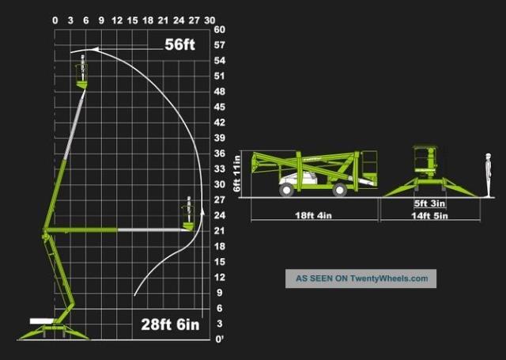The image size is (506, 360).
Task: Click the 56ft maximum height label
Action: tap(179, 44)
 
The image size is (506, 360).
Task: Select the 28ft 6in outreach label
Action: tap(171, 324)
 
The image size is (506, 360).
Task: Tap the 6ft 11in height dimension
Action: tap(237, 173)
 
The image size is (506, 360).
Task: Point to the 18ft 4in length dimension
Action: tap(313, 215)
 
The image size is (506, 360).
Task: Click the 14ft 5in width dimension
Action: tap(429, 216)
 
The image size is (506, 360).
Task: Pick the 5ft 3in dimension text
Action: tap(429, 203)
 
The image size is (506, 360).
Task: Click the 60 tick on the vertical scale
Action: tap(220, 29)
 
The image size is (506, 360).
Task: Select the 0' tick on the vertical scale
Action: tap(220, 339)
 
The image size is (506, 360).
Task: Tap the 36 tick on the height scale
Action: tap(220, 153)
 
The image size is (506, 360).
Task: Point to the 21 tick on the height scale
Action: tap(220, 231)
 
